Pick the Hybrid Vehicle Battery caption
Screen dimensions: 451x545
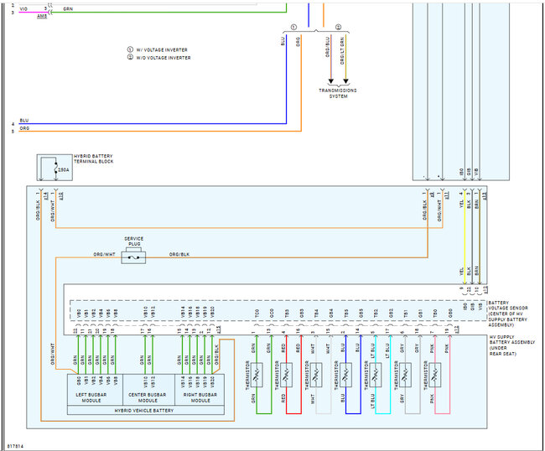[x=145, y=411]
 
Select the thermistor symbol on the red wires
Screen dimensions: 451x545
[x=288, y=371]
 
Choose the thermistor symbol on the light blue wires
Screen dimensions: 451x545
[x=376, y=371]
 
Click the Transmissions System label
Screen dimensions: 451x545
[x=338, y=93]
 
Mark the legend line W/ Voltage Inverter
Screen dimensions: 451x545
[x=158, y=49]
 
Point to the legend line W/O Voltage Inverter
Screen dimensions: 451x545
[x=159, y=58]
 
